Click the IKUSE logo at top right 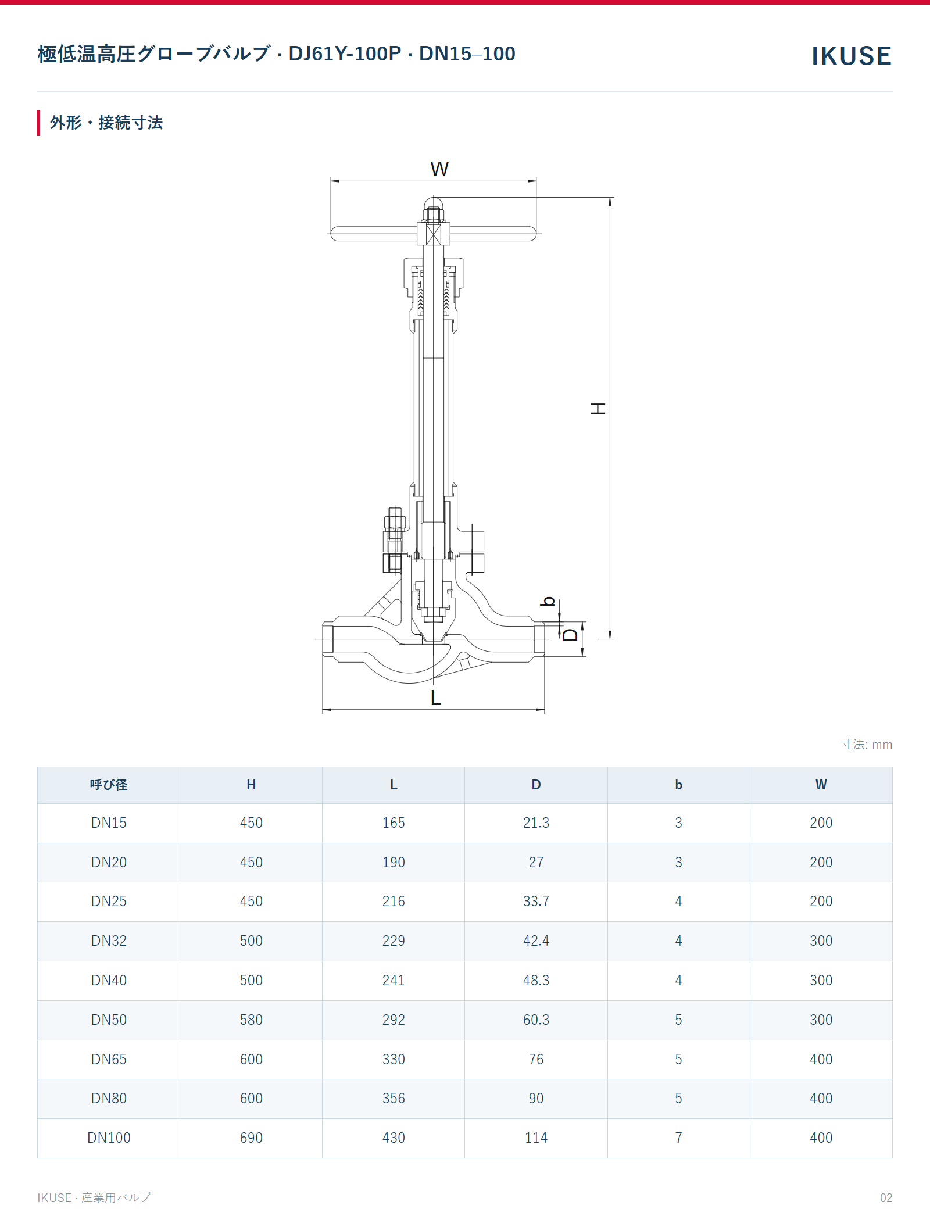click(851, 56)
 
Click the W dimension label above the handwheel click(439, 169)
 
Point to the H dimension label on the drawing click(598, 408)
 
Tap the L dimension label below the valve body click(435, 697)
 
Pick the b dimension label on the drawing click(548, 601)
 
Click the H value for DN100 click(251, 1138)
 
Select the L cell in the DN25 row click(394, 901)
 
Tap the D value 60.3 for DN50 click(536, 1020)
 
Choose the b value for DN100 click(678, 1138)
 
